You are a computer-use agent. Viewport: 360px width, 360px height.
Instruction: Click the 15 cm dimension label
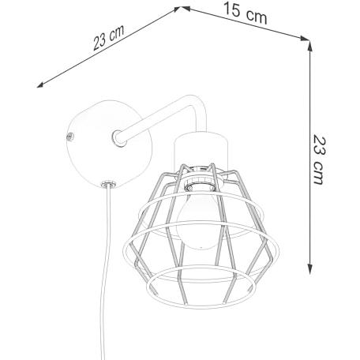tap(245, 13)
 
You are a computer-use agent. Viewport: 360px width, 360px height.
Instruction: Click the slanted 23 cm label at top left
tap(108, 38)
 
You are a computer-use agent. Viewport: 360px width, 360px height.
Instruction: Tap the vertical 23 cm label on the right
tap(320, 159)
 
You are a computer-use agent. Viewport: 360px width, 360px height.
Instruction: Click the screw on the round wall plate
tap(70, 137)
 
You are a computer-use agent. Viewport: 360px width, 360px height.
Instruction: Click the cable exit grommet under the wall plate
tap(107, 184)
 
